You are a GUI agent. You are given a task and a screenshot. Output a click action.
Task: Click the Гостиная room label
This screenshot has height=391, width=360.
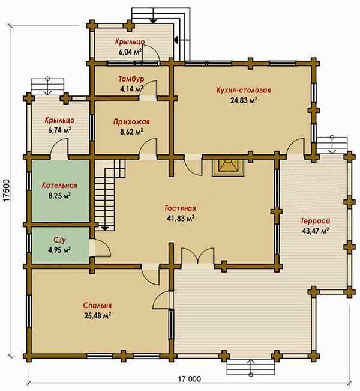(181, 208)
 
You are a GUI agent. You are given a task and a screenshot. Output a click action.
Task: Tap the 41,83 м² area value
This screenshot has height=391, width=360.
(181, 218)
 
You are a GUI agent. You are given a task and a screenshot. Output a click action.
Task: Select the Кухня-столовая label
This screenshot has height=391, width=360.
(244, 90)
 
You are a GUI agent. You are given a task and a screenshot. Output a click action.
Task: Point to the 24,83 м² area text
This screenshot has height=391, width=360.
(244, 100)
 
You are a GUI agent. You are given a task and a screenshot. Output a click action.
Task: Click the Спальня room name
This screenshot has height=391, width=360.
(97, 306)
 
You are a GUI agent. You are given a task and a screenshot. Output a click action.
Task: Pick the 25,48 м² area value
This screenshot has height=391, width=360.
(97, 316)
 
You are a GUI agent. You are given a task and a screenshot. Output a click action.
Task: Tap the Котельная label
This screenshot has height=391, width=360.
(59, 185)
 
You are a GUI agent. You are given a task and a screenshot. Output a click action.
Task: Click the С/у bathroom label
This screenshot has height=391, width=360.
(60, 240)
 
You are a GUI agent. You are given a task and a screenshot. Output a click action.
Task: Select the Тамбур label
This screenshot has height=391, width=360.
(131, 79)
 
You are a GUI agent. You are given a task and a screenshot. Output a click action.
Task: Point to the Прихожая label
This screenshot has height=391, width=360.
(131, 122)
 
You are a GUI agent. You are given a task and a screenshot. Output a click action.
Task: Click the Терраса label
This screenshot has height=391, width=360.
(316, 221)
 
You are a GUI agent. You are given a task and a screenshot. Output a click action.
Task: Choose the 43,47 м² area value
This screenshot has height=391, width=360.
(316, 231)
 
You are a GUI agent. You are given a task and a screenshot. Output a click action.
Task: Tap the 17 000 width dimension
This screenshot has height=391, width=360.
(190, 379)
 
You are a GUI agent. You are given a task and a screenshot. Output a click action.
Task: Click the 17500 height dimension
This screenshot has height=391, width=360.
(7, 190)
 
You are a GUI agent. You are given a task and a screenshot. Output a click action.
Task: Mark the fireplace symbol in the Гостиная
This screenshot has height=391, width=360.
(228, 168)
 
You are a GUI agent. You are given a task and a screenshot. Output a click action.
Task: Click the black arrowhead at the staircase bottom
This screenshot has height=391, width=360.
(105, 228)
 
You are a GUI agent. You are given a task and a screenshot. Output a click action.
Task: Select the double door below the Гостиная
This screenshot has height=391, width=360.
(197, 256)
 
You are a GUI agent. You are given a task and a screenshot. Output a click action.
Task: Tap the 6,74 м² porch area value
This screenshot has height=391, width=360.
(60, 130)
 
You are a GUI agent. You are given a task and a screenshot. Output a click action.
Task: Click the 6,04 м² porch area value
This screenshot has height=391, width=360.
(130, 52)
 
